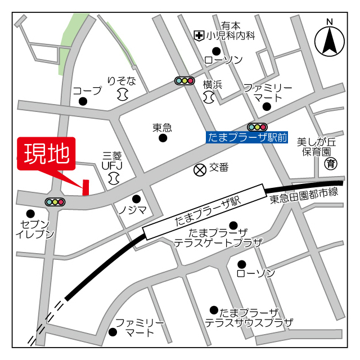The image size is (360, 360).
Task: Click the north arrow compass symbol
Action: [330, 41]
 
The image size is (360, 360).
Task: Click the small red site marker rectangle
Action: [86, 187]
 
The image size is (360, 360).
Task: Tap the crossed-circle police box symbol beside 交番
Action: [200, 169]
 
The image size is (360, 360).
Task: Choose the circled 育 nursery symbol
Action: [331, 164]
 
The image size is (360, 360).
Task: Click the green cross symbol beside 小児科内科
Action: [199, 36]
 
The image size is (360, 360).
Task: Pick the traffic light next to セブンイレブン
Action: [55, 201]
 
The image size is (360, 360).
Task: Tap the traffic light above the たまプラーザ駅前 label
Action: [257, 127]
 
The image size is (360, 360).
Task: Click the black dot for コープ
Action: [83, 102]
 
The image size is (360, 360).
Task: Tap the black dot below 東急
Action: [163, 138]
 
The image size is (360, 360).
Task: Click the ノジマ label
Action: [132, 210]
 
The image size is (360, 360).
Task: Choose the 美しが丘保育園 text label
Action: [317, 146]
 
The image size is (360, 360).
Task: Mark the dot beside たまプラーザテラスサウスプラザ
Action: [214, 310]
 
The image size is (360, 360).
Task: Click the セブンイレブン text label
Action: [35, 229]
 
